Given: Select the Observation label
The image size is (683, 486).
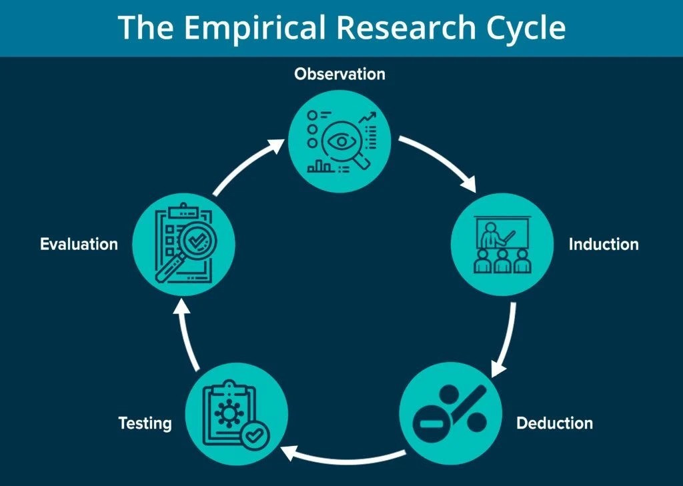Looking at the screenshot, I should tap(339, 73).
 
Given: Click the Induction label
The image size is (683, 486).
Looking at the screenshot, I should tap(603, 244).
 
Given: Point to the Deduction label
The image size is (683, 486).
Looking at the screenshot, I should tap(554, 423).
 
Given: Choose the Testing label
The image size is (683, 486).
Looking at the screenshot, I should tap(145, 423).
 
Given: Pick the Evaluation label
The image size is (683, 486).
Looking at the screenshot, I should tap(79, 244).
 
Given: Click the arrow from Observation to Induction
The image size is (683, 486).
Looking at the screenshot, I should tap(440, 160).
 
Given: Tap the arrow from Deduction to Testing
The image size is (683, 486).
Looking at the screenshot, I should tap(340, 456).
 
